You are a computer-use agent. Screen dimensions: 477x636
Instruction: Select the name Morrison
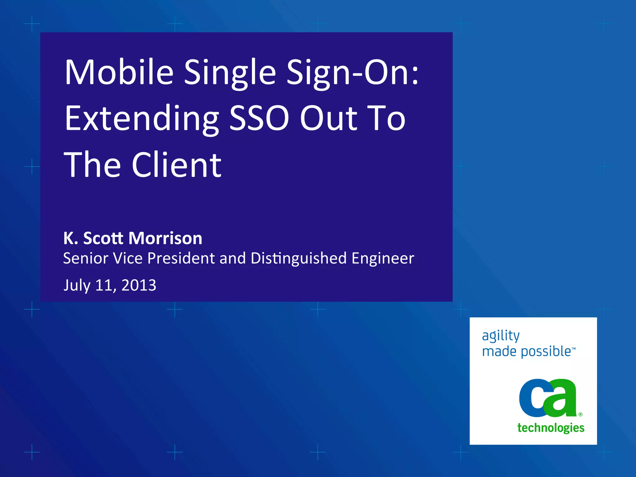coord(165,238)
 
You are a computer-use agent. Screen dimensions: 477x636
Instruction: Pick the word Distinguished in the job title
coord(298,259)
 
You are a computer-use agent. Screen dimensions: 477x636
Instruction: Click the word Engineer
coord(383,259)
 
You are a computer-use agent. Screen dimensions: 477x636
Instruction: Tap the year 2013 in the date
coord(139,285)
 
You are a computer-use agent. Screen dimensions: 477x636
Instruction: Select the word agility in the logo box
coord(501,336)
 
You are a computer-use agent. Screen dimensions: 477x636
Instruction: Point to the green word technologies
coord(551,428)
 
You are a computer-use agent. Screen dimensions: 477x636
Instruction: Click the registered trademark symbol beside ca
coord(580,414)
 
